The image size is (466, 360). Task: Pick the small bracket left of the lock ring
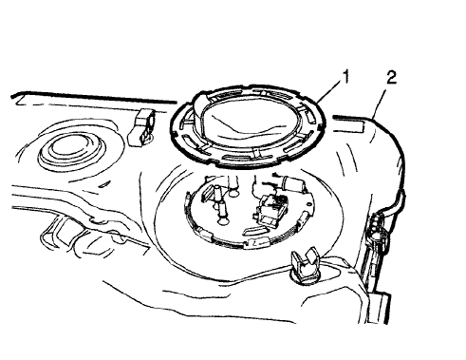tap(143, 124)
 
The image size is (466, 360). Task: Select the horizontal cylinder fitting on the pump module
tap(289, 183)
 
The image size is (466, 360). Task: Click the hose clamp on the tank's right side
tap(378, 226)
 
